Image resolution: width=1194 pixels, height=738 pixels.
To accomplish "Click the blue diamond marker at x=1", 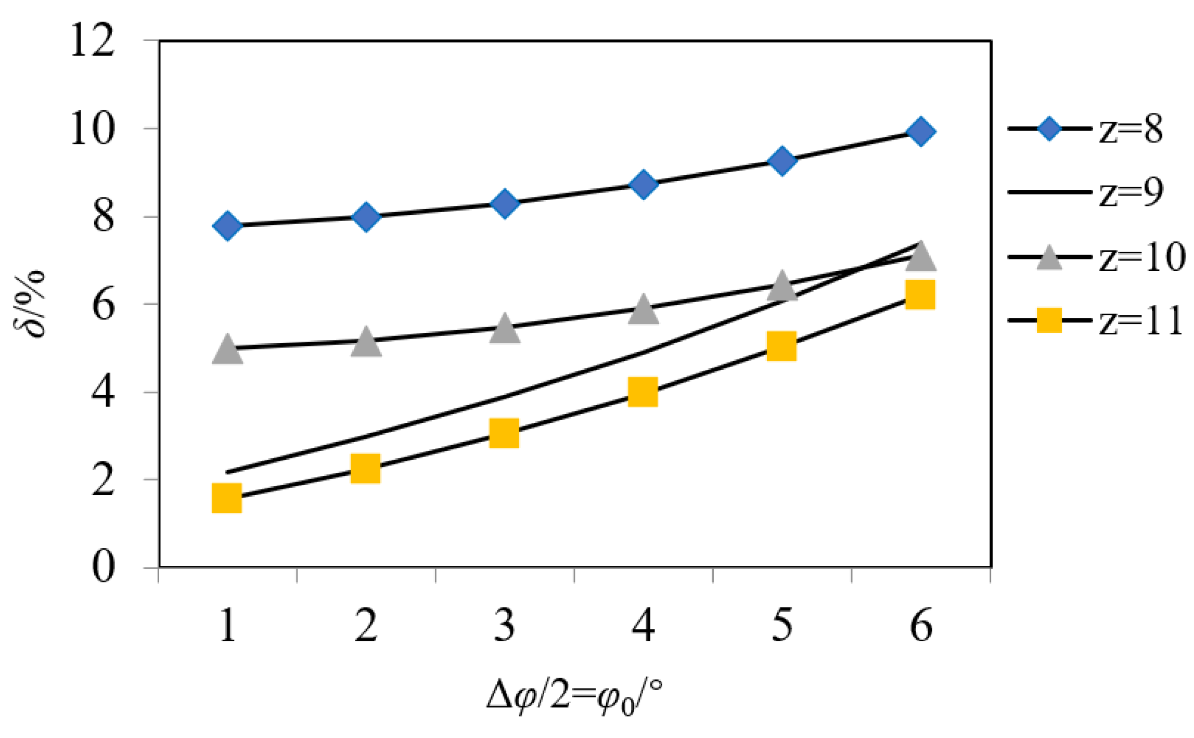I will [x=227, y=226].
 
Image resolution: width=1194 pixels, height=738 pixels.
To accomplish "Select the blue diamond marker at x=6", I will [x=920, y=132].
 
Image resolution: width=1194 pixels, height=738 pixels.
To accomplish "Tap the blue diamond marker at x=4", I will [x=643, y=184].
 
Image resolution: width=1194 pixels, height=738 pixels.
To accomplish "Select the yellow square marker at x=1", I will [x=227, y=498].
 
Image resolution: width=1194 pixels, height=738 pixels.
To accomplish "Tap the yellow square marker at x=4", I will [x=643, y=392].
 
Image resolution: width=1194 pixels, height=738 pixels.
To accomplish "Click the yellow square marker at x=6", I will [x=920, y=294].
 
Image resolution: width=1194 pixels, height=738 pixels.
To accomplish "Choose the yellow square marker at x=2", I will [x=365, y=468].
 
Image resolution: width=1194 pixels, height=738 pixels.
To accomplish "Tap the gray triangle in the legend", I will [x=1049, y=258].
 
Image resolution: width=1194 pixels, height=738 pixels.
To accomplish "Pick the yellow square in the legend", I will [x=1049, y=320].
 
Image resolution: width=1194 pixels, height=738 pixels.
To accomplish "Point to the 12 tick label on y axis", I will [x=92, y=42].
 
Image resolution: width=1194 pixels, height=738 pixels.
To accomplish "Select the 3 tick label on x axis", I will [x=504, y=626].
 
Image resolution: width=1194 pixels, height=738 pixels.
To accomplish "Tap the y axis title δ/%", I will [x=30, y=304].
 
